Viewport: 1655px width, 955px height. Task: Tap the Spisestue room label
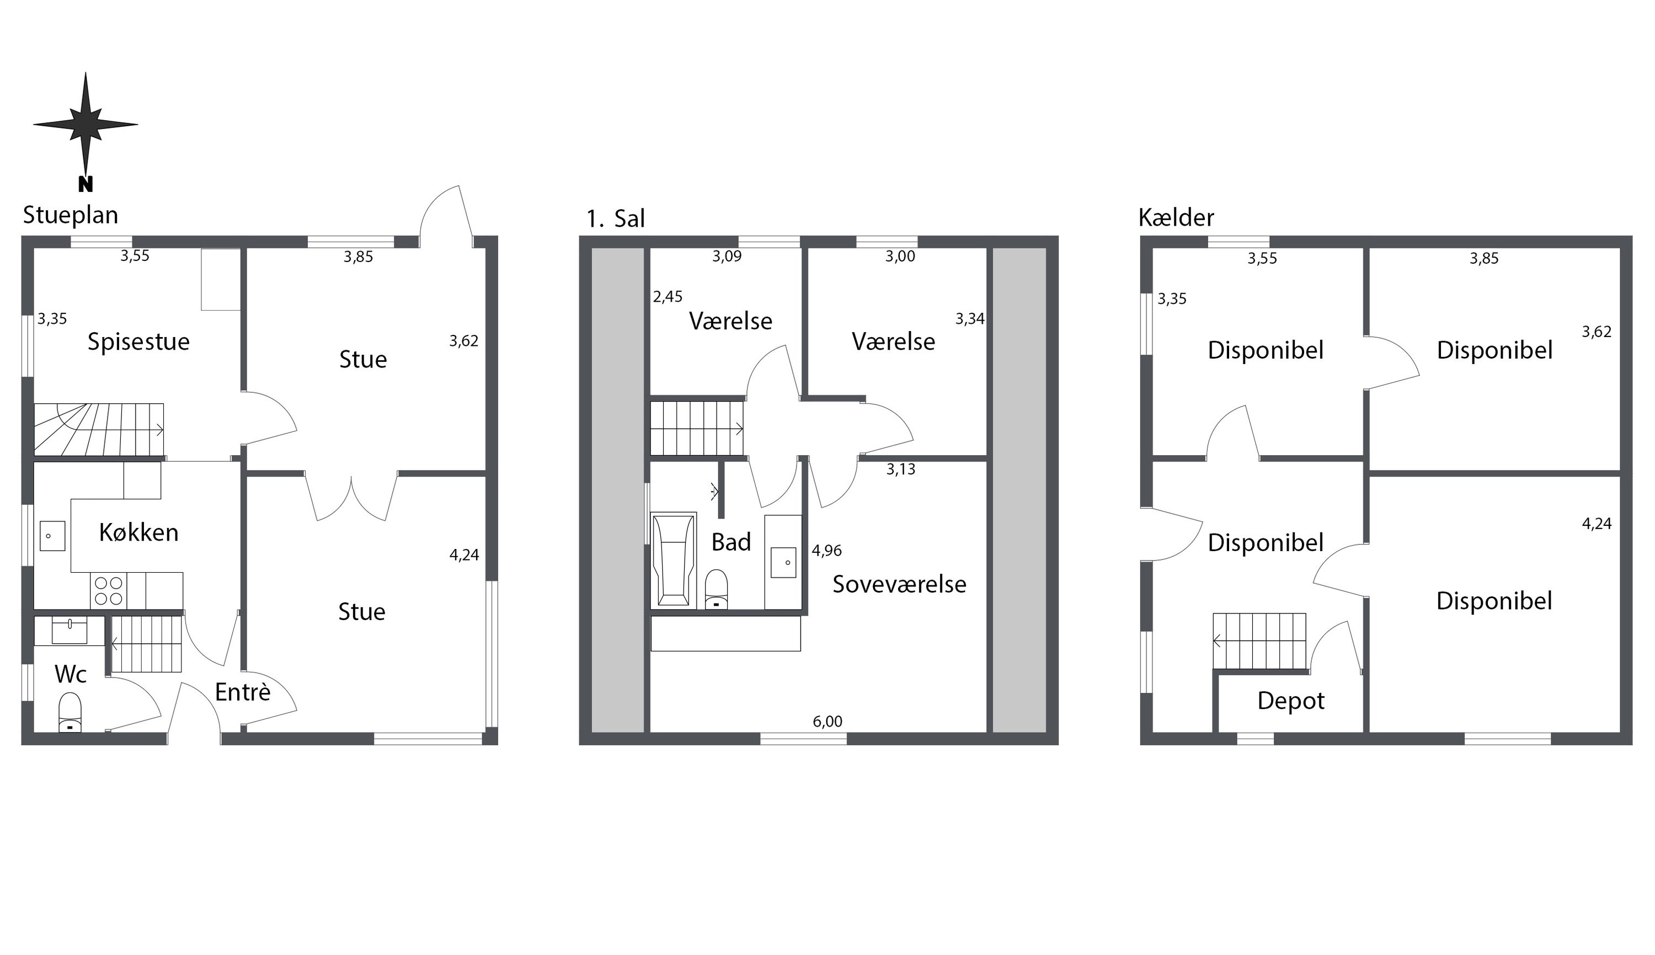138,342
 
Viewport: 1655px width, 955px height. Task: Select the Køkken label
138,532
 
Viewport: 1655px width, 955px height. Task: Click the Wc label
70,674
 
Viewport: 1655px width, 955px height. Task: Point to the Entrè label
243,692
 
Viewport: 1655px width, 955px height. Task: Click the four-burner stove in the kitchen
109,590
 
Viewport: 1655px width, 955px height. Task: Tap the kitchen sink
52,536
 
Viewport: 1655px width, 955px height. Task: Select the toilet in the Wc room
70,712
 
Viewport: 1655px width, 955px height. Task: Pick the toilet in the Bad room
716,589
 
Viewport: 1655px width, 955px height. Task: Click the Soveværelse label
899,584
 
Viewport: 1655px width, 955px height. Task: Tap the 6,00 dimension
827,722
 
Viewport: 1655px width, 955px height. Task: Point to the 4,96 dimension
827,550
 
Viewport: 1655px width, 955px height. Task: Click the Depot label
1290,701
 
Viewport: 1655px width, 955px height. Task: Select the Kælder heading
1176,217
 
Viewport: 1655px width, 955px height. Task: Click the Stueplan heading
70,215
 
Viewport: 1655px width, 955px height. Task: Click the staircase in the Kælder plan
1259,642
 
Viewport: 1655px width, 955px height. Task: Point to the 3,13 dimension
900,469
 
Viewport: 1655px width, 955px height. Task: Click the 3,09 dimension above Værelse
727,257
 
